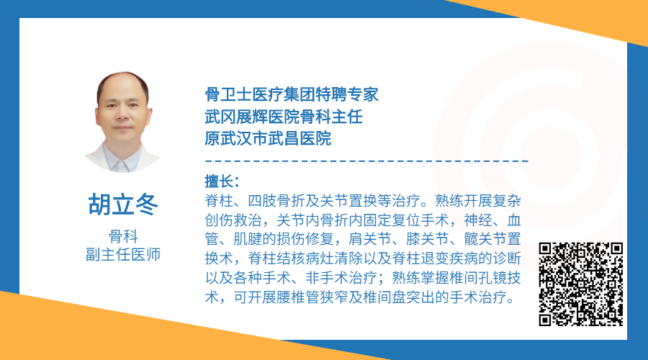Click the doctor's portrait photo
click(x=122, y=122)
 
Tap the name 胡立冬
click(x=123, y=204)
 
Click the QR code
click(x=580, y=284)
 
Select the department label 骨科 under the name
click(x=123, y=236)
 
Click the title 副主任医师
click(x=123, y=254)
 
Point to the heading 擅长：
click(x=222, y=181)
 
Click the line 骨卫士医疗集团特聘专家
click(x=292, y=94)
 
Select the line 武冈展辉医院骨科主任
click(x=284, y=117)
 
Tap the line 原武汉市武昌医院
click(x=268, y=138)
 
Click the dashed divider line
click(x=366, y=161)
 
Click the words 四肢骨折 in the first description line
click(x=276, y=201)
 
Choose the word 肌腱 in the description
click(x=248, y=239)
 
